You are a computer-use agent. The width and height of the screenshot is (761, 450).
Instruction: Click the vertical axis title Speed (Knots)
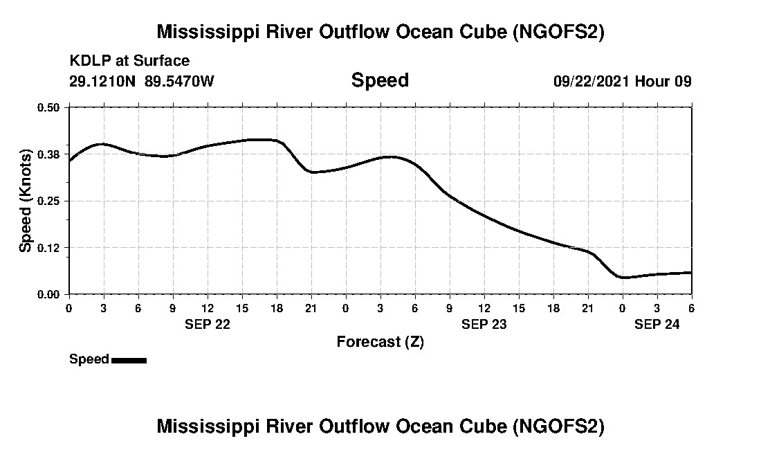point(26,201)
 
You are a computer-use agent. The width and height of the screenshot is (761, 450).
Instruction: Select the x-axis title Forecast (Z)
point(380,341)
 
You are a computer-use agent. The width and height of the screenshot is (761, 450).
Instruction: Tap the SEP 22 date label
point(207,323)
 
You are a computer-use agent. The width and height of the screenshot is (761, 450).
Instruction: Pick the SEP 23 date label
point(484,323)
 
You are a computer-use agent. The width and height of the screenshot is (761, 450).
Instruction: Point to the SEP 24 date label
point(657,323)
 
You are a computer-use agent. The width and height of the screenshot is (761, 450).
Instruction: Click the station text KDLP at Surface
point(129,62)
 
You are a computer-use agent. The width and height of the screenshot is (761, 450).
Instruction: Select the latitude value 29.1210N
point(103,81)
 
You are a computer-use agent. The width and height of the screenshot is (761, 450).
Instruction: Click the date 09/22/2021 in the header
point(591,81)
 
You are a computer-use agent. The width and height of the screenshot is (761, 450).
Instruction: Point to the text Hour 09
point(663,81)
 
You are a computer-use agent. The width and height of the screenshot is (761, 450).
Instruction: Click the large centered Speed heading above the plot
point(380,80)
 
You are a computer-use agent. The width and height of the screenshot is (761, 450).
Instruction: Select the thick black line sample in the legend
point(129,360)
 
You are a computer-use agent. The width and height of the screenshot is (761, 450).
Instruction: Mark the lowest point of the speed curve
point(624,278)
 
